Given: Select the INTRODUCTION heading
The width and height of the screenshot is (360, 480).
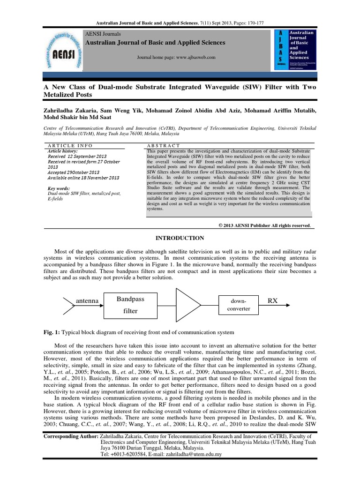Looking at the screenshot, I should pos(180,238).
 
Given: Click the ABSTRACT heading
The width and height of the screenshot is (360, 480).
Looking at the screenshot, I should pos(164,145).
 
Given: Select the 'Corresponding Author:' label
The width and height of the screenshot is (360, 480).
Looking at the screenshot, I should pos(70,435).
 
